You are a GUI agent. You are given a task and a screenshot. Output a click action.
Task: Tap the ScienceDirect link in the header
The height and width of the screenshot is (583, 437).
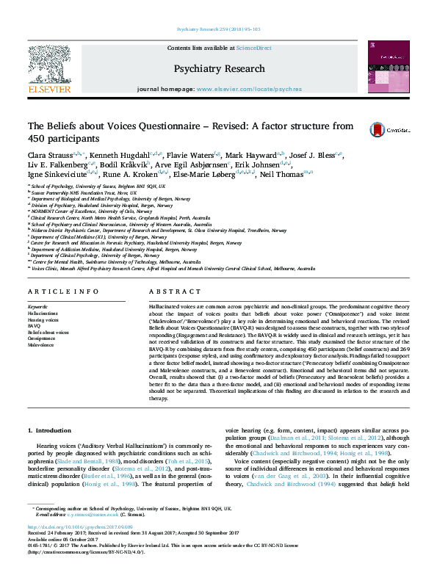(253, 48)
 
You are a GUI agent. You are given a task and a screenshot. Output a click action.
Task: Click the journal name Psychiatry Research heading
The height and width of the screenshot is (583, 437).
(219, 68)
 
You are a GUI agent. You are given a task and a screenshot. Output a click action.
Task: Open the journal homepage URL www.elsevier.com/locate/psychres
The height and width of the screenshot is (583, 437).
(249, 89)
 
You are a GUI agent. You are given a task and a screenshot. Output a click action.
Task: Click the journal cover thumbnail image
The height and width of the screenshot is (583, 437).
(389, 68)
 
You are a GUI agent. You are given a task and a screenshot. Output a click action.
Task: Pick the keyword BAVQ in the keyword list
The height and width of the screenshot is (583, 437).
(35, 326)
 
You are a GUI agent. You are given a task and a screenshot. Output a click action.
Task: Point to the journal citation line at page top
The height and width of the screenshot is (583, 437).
(218, 29)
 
